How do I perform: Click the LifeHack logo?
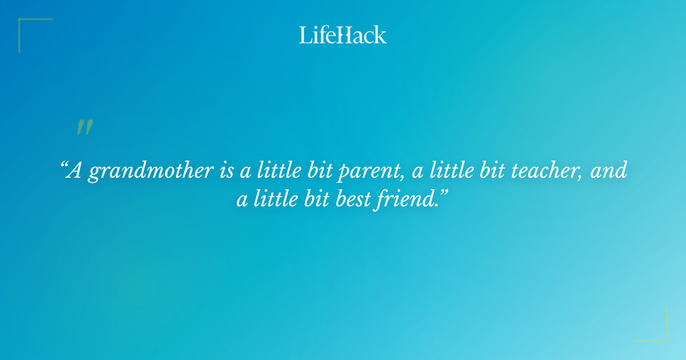tap(343, 35)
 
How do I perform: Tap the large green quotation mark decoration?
tap(84, 127)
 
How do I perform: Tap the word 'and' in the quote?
tap(609, 170)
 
